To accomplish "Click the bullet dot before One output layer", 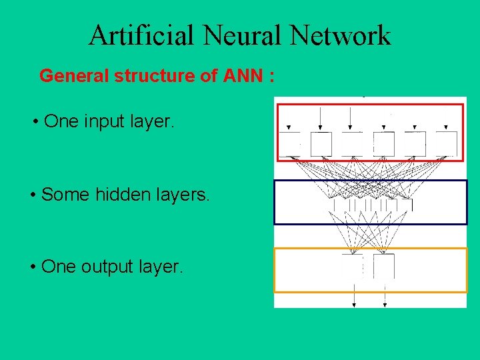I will [33, 267].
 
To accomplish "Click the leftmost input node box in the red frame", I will [289, 143].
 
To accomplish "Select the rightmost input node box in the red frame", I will [446, 143].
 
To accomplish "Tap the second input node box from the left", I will [321, 143].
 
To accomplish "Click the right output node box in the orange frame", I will [384, 266].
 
